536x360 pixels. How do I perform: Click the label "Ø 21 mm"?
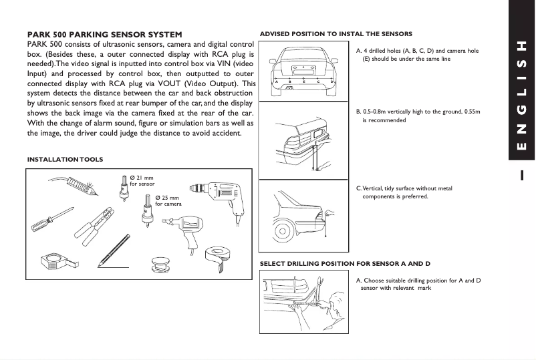[142, 178]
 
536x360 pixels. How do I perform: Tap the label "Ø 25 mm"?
[167, 198]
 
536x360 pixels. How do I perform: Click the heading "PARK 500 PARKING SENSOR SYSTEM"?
[104, 34]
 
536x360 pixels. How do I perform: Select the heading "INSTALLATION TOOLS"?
[65, 160]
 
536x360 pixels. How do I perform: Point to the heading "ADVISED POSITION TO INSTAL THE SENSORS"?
[336, 33]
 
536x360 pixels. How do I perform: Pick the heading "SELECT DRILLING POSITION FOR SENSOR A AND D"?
[345, 264]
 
